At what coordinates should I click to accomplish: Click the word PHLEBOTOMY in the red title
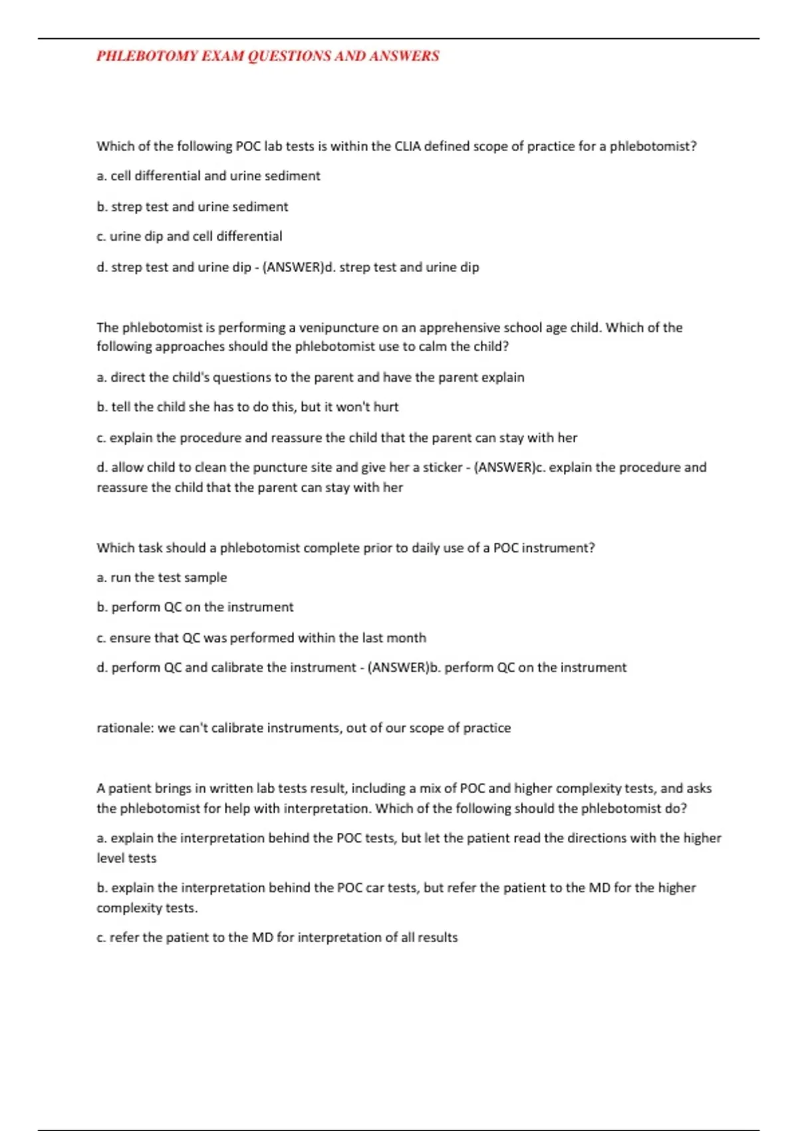tap(147, 56)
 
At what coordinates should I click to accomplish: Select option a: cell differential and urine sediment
tap(208, 176)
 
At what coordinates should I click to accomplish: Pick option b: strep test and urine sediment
tap(192, 207)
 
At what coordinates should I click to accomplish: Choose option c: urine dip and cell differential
tap(189, 236)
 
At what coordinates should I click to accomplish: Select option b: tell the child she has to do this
tap(247, 407)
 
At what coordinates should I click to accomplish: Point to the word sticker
tap(442, 468)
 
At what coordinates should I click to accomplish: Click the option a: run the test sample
tap(162, 577)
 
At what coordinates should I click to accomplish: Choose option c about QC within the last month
tap(261, 638)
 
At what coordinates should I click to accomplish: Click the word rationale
tap(125, 728)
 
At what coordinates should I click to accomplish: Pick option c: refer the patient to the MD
tap(277, 937)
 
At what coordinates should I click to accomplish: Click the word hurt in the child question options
tap(386, 407)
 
